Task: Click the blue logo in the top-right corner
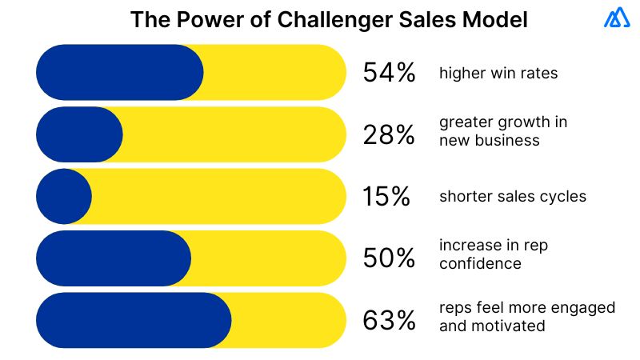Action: click(x=616, y=18)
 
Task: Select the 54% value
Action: click(x=389, y=73)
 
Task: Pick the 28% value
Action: click(x=389, y=134)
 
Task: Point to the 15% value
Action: click(x=387, y=197)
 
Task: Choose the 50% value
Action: click(x=389, y=258)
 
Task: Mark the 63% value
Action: click(x=389, y=320)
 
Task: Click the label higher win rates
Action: click(x=498, y=74)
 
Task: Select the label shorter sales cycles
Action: click(x=512, y=197)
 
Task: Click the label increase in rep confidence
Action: click(x=493, y=255)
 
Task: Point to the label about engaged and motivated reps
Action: click(x=526, y=317)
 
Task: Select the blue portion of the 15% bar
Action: click(x=64, y=197)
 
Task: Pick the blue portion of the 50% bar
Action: click(x=113, y=258)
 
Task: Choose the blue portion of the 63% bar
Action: click(x=133, y=320)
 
